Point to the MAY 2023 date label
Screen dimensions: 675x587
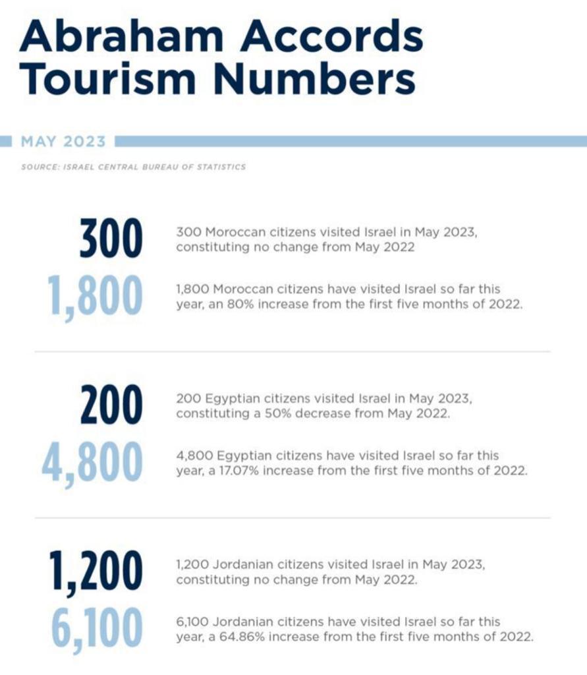point(63,142)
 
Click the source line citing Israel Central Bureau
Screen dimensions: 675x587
point(133,167)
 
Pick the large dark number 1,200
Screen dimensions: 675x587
point(95,572)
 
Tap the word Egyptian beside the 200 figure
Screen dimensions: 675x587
point(223,399)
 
